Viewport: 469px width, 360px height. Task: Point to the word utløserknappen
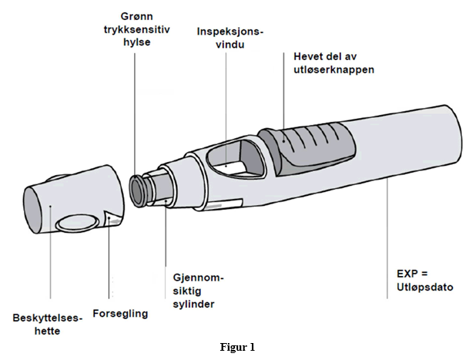(334, 69)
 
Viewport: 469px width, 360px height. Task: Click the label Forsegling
(120, 315)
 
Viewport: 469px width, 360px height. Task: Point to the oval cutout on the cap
(79, 223)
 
